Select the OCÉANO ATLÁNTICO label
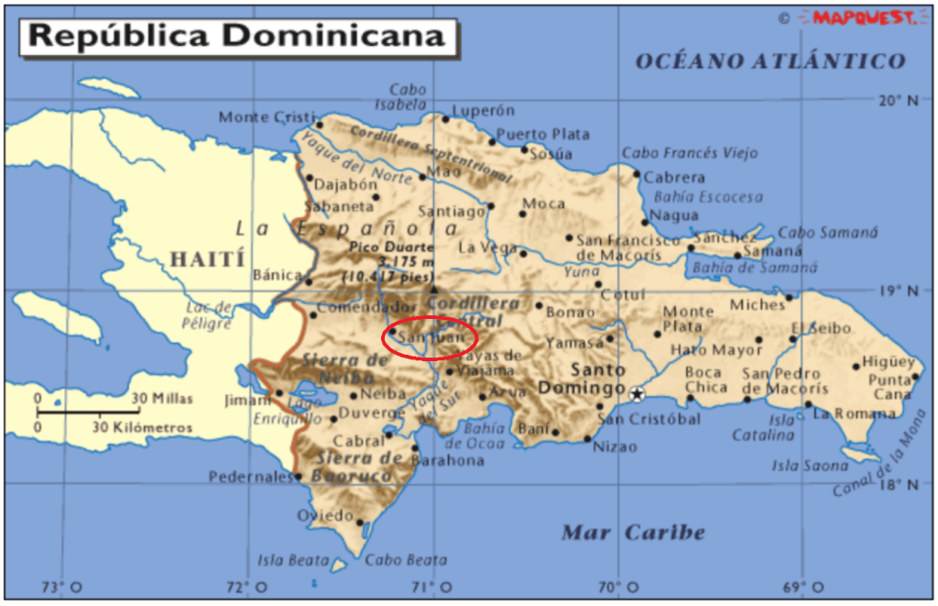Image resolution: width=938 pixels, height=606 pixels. [x=770, y=61]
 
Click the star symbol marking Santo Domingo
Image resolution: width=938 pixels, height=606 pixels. [x=638, y=394]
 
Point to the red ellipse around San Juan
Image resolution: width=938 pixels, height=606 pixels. [x=430, y=337]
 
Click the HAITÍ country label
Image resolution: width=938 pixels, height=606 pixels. [x=207, y=259]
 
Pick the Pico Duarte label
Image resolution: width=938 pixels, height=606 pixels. [x=388, y=248]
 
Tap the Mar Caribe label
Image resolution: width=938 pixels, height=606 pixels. [x=633, y=533]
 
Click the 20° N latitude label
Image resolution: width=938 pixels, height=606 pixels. [x=898, y=101]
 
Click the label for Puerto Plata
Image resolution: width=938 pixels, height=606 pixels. [x=543, y=135]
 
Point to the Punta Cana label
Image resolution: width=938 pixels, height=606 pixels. [x=889, y=387]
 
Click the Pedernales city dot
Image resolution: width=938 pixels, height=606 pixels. [x=298, y=477]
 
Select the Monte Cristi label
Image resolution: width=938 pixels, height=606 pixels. [x=257, y=117]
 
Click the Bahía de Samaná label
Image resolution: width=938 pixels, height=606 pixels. [x=754, y=268]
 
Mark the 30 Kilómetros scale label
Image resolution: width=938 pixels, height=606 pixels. [x=142, y=427]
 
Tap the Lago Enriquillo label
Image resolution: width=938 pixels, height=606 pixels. [x=283, y=411]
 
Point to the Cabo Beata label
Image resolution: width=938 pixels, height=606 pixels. [x=406, y=560]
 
